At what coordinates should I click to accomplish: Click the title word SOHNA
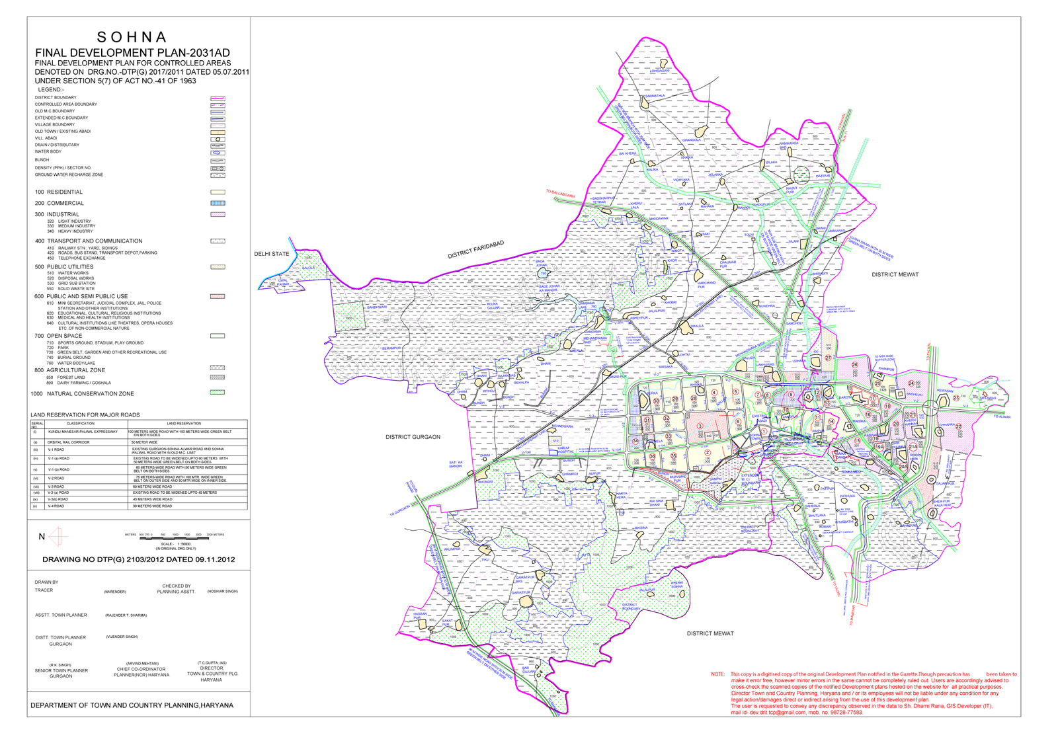(132, 37)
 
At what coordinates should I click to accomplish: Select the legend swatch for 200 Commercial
(218, 203)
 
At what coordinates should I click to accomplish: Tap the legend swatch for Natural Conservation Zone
(218, 392)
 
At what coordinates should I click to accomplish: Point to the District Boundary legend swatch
(218, 98)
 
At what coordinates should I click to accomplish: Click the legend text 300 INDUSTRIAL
(57, 214)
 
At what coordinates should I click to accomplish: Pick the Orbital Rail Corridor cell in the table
(68, 442)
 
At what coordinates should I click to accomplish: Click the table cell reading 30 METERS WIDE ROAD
(152, 506)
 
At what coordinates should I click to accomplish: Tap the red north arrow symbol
(58, 536)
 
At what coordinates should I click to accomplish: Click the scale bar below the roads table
(175, 539)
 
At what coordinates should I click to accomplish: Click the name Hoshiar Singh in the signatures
(222, 591)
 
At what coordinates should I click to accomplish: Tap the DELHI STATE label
(272, 254)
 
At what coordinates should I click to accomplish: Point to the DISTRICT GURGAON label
(413, 437)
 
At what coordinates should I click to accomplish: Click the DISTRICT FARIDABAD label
(475, 249)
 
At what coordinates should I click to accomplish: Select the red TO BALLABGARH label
(561, 194)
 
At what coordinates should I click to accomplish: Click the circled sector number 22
(959, 426)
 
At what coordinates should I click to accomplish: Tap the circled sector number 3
(700, 426)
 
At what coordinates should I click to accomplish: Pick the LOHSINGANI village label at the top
(659, 71)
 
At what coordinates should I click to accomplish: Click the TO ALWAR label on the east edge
(1002, 416)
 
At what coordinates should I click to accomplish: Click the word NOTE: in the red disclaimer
(717, 674)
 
